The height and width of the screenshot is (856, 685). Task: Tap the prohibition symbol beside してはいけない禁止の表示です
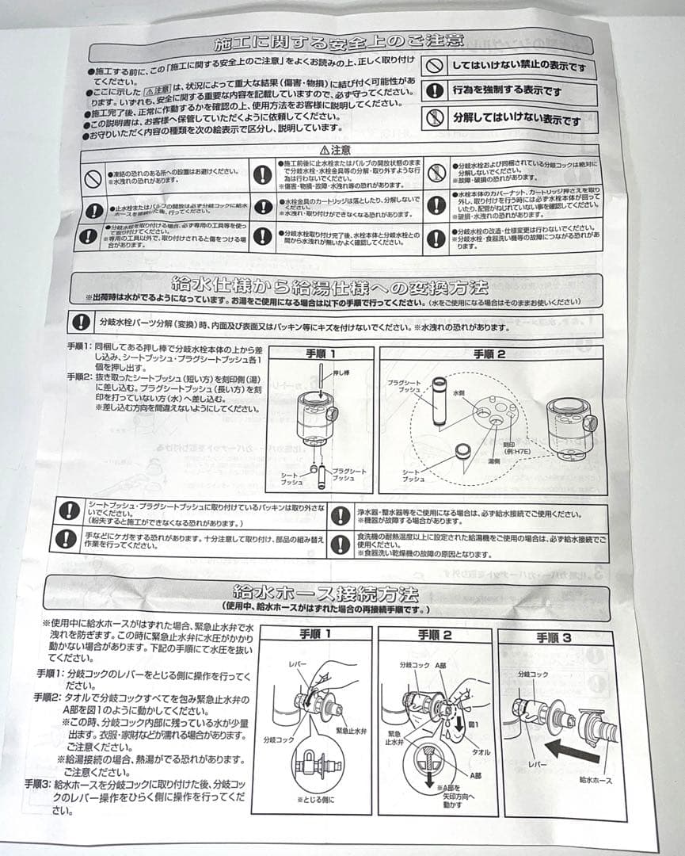(433, 65)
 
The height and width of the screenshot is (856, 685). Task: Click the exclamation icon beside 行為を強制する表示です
(433, 91)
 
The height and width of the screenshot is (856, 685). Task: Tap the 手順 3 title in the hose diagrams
(558, 637)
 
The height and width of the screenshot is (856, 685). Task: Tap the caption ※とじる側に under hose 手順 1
(314, 800)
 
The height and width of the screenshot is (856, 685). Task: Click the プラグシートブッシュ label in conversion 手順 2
(403, 387)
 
